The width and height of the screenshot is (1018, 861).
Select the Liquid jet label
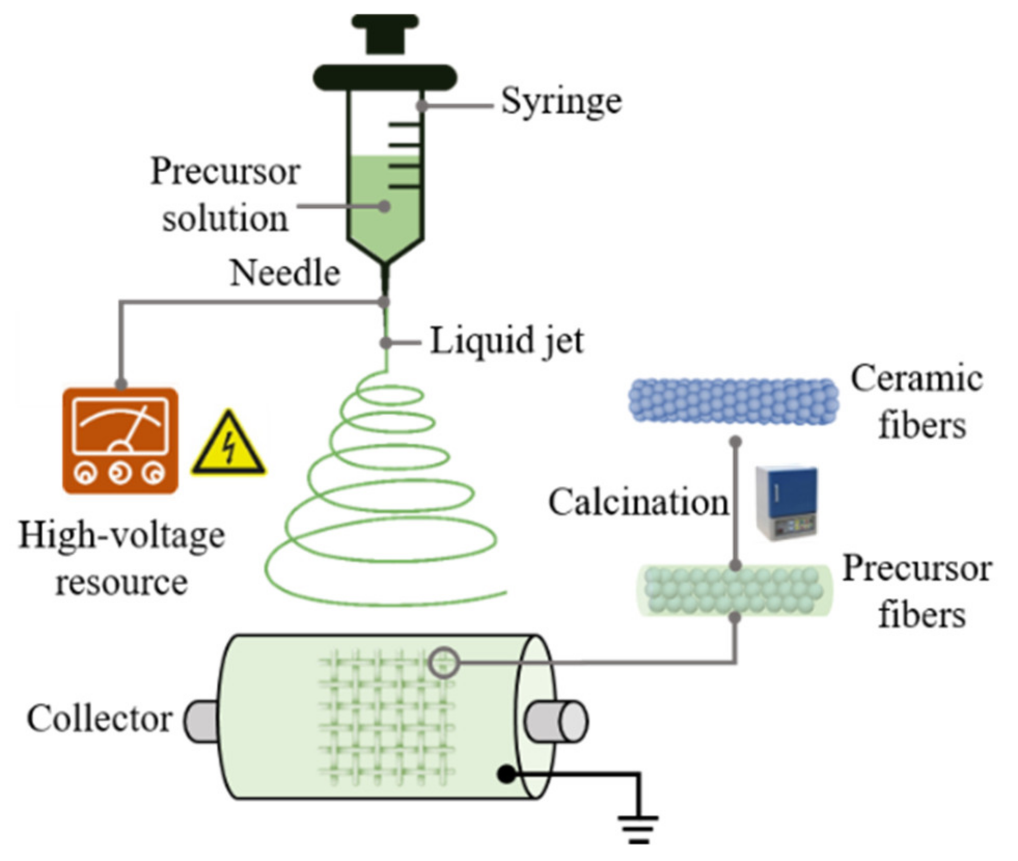pos(506,341)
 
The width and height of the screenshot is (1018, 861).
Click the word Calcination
pos(638,502)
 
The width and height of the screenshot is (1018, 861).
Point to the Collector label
pos(99,719)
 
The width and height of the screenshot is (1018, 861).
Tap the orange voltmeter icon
pos(120,441)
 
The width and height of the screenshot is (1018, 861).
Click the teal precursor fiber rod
pos(733,591)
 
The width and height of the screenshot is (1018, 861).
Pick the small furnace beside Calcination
pos(786,502)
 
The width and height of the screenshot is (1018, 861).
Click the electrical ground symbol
pos(638,829)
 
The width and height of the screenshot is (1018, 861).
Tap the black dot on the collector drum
pos(506,774)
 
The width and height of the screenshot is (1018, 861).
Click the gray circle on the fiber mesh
pos(444,662)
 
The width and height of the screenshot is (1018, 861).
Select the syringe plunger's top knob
pos(384,32)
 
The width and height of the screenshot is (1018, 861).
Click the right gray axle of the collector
pos(556,721)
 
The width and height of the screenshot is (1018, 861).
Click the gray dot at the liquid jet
pos(386,343)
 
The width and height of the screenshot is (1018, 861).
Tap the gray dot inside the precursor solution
pos(383,207)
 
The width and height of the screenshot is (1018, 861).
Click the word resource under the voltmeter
pos(121,582)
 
